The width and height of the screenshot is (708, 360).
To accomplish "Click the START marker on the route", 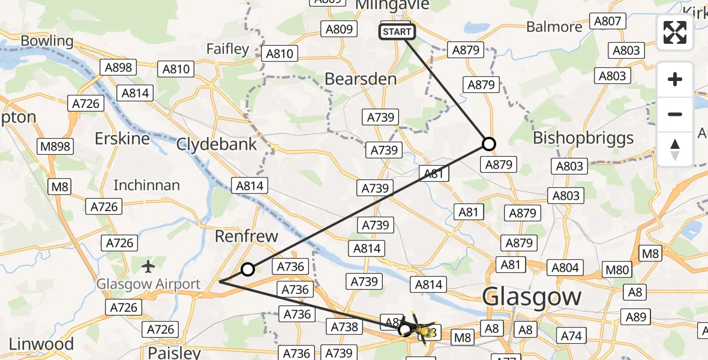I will (397, 32).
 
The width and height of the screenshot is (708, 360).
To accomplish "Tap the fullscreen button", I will (675, 32).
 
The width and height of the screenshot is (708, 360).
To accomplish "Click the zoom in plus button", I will (675, 79).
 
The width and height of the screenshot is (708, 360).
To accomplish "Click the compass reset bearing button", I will (675, 149).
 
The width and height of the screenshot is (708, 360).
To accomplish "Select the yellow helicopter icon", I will (422, 329).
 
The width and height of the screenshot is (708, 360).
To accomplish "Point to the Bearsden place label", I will (361, 79).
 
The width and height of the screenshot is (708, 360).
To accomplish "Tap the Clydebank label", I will (217, 144).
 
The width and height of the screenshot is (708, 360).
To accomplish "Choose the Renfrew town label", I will (247, 236).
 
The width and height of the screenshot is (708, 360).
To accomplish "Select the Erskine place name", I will (122, 139).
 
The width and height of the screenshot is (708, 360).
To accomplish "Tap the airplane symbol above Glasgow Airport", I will (149, 265).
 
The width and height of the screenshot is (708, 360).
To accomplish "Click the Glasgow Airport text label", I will (149, 284).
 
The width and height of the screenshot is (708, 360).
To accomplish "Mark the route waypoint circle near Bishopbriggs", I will (489, 144).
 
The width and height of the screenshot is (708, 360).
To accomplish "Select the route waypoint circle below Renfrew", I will (247, 269).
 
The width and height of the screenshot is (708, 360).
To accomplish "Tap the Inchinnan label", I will (146, 185).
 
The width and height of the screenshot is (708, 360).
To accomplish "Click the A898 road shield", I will (118, 67).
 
